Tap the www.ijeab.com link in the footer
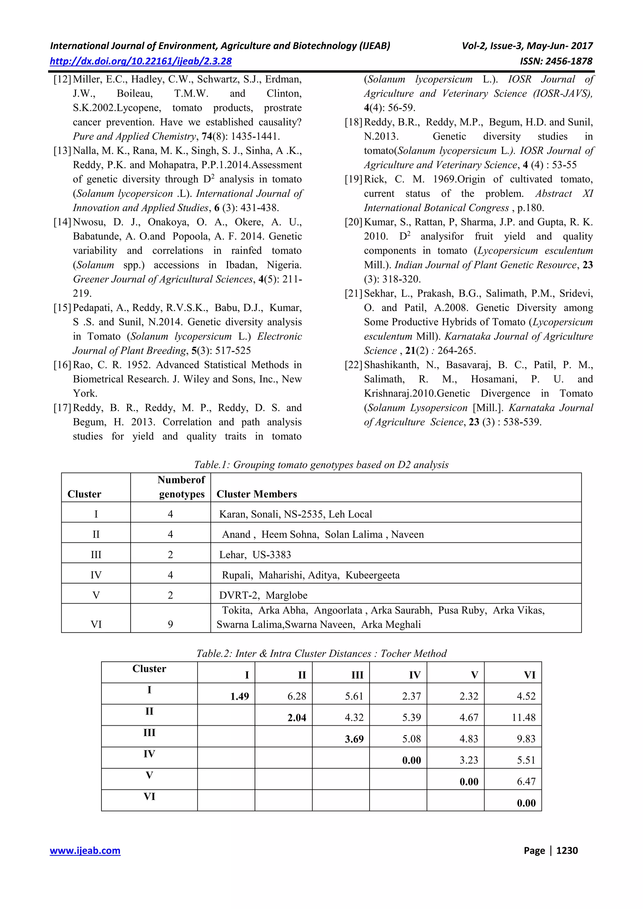point(85,850)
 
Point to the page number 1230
point(567,850)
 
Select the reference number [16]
point(62,365)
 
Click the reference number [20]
point(353,222)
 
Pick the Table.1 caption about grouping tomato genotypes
point(321,465)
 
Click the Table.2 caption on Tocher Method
point(321,653)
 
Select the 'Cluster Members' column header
point(257,494)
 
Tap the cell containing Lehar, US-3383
point(255,555)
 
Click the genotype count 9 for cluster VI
point(170,624)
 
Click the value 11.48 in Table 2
point(523,718)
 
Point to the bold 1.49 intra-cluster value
point(240,697)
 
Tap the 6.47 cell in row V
point(526,782)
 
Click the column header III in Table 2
point(357,675)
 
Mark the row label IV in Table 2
point(149,754)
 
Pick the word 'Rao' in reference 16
point(81,365)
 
